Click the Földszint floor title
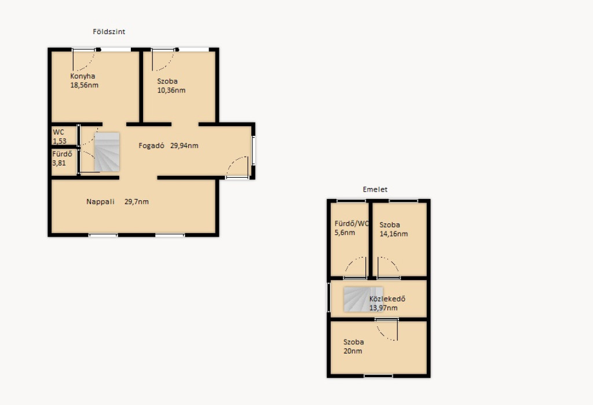click(x=109, y=32)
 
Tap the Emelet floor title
click(x=375, y=189)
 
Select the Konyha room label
click(x=83, y=76)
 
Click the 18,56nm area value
click(x=85, y=86)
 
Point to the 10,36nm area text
click(x=171, y=90)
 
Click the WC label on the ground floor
click(x=58, y=132)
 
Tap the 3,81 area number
click(x=59, y=163)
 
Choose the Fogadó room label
click(x=151, y=146)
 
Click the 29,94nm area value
click(x=184, y=146)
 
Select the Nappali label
click(x=101, y=202)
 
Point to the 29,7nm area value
click(x=137, y=202)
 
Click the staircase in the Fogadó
click(x=107, y=152)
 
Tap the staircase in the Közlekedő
click(x=363, y=299)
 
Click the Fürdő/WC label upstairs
click(x=352, y=224)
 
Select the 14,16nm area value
click(x=394, y=234)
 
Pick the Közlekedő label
click(x=387, y=299)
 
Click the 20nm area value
click(x=353, y=351)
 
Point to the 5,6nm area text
click(x=345, y=233)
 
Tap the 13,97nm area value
click(x=383, y=308)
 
